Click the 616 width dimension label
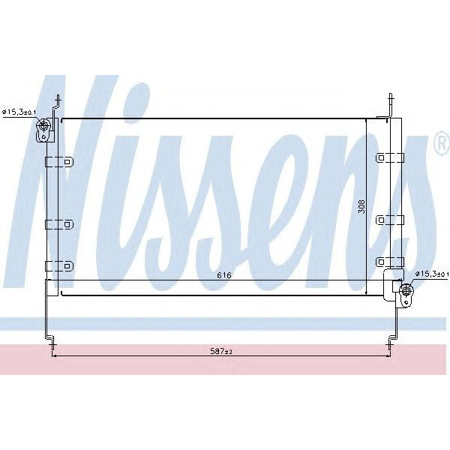(223, 276)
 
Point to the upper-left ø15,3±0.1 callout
(19, 112)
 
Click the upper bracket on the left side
(58, 161)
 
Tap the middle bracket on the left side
(58, 223)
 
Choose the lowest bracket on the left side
(58, 265)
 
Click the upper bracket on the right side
(390, 157)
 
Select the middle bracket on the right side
(390, 220)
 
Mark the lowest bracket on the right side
(390, 261)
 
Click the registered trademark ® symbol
(440, 145)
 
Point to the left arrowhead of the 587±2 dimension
(54, 355)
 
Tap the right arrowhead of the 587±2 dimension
(389, 355)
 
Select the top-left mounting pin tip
(58, 96)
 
